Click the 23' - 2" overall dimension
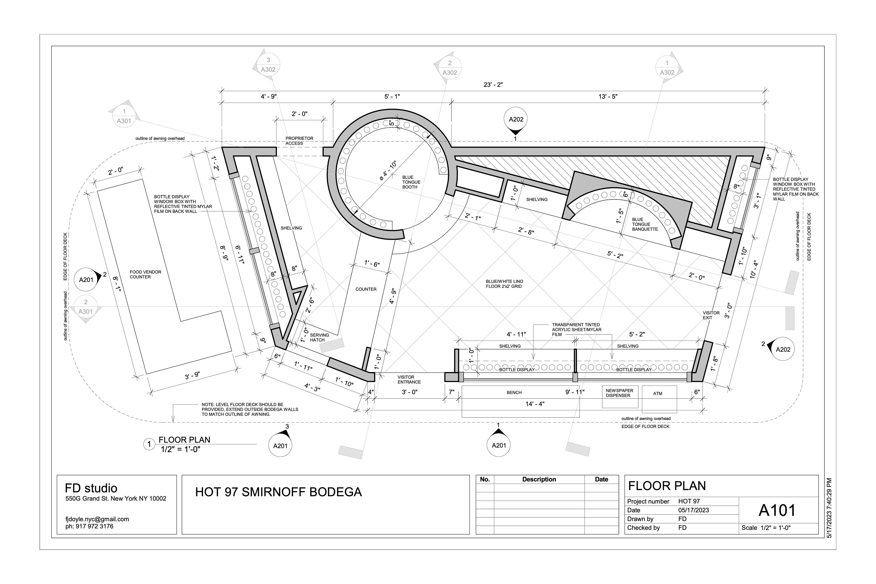pyautogui.click(x=493, y=85)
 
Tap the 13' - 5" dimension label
pyautogui.click(x=608, y=96)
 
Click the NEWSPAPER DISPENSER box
pyautogui.click(x=620, y=397)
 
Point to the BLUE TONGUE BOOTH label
pyautogui.click(x=411, y=182)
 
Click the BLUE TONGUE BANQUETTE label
pyautogui.click(x=645, y=224)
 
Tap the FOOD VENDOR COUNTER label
pyautogui.click(x=145, y=274)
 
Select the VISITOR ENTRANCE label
pyautogui.click(x=409, y=380)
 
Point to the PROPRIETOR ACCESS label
pyautogui.click(x=300, y=141)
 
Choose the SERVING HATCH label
pyautogui.click(x=319, y=337)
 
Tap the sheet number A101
pyautogui.click(x=777, y=510)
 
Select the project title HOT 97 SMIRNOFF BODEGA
pyautogui.click(x=279, y=492)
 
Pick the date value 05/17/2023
pyautogui.click(x=693, y=510)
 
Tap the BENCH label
pyautogui.click(x=514, y=393)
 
